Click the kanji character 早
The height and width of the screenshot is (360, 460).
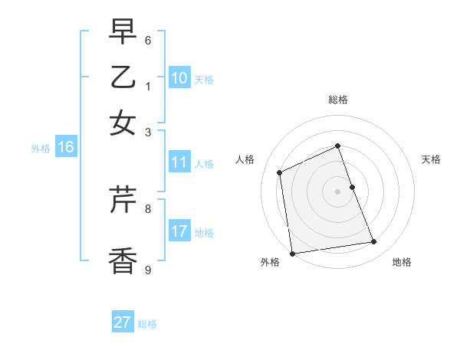tap(123, 32)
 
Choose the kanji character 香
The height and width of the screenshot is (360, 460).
tap(123, 260)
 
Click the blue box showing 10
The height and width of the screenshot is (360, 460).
tap(179, 78)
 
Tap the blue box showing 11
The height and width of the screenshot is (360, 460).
tap(179, 162)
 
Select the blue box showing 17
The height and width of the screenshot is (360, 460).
tap(179, 231)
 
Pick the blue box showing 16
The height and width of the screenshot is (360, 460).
tap(66, 148)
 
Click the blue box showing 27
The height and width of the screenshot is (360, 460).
tap(123, 322)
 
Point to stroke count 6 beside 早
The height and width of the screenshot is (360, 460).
tap(148, 40)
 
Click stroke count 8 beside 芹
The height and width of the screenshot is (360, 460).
tap(148, 208)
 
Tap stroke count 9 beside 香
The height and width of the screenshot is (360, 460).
tap(148, 269)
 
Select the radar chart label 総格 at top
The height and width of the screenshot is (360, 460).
tap(338, 100)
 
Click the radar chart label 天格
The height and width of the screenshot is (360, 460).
tap(431, 159)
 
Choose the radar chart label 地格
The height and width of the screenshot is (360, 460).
tap(402, 262)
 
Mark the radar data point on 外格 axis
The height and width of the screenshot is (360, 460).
tap(292, 253)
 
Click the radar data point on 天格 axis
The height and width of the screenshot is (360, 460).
tap(352, 187)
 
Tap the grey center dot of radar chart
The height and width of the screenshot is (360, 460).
tap(338, 191)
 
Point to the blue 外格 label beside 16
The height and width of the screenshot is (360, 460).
tap(41, 149)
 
